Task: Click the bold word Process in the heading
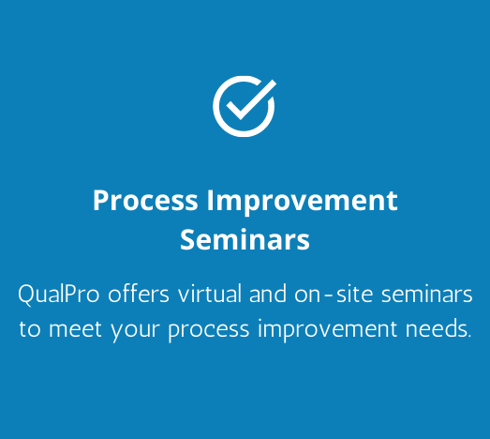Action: coord(145,200)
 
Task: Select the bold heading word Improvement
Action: coord(302,202)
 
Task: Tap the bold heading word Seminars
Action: coord(245,239)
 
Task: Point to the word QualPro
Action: coord(59,295)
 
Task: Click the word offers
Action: coord(139,294)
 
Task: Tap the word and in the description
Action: coord(268,294)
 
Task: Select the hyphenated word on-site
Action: coord(334,295)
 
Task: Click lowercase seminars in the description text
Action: coord(427,295)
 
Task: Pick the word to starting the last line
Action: coord(30,329)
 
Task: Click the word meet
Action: coord(75,329)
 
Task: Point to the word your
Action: coord(135,332)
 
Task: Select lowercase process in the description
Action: coord(209,332)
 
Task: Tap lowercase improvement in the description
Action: coord(328,330)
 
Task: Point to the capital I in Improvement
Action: coord(210,201)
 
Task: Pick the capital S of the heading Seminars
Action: coord(187,239)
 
